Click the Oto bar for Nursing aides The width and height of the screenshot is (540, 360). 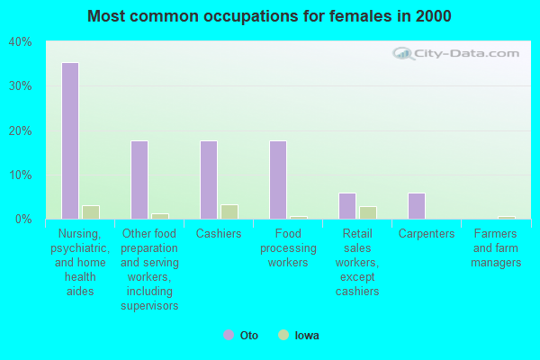click(x=70, y=140)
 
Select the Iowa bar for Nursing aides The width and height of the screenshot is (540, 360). click(x=91, y=212)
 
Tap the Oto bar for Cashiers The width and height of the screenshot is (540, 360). click(x=209, y=180)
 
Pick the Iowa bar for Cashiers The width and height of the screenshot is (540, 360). click(x=229, y=211)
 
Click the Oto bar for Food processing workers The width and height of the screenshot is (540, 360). click(x=278, y=180)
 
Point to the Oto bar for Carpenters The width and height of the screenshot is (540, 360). click(x=417, y=206)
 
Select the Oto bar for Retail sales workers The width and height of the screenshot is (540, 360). click(x=347, y=206)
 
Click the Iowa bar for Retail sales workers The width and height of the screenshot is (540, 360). click(x=368, y=212)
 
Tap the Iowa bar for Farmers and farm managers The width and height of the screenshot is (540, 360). click(x=507, y=218)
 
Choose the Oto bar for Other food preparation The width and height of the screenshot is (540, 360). click(x=139, y=180)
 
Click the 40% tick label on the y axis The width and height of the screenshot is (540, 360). click(x=21, y=42)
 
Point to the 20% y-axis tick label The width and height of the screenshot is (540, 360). click(x=21, y=130)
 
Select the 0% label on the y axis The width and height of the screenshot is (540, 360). click(x=23, y=219)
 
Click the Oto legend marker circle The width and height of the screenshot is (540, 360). click(x=229, y=335)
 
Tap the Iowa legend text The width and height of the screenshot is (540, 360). click(x=307, y=335)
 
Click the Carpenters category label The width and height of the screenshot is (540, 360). click(x=427, y=234)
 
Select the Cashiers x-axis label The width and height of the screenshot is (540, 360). click(x=219, y=234)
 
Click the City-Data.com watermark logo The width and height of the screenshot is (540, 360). click(x=455, y=53)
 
